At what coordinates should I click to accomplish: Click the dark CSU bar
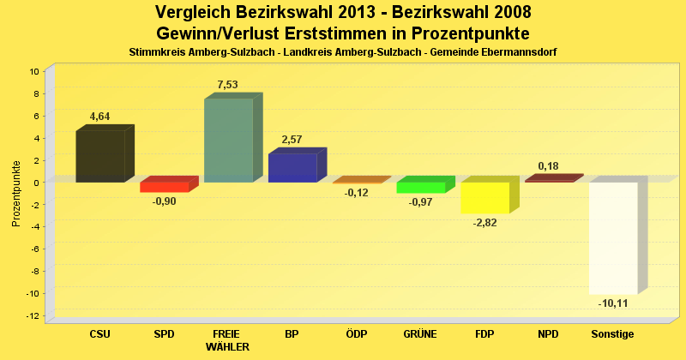click(99, 156)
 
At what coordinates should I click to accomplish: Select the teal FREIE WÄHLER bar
click(228, 141)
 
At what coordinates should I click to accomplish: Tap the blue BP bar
click(292, 167)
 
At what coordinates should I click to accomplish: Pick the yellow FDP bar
click(485, 197)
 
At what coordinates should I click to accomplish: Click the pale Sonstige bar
click(613, 237)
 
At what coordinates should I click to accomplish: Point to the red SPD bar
click(164, 187)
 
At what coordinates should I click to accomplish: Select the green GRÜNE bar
click(420, 187)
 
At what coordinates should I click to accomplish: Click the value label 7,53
click(228, 84)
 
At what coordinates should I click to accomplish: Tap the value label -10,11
click(613, 303)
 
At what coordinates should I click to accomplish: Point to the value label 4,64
click(99, 117)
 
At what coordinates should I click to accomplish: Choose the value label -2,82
click(485, 222)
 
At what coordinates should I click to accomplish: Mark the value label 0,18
click(549, 165)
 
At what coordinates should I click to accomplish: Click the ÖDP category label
click(356, 333)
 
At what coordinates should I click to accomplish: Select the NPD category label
click(549, 333)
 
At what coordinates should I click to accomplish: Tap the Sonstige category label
click(613, 333)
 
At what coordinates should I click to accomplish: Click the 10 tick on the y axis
click(34, 71)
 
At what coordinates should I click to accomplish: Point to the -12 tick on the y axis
click(33, 315)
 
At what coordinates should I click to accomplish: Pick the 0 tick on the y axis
click(37, 183)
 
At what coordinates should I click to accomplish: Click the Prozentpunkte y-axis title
click(16, 193)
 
